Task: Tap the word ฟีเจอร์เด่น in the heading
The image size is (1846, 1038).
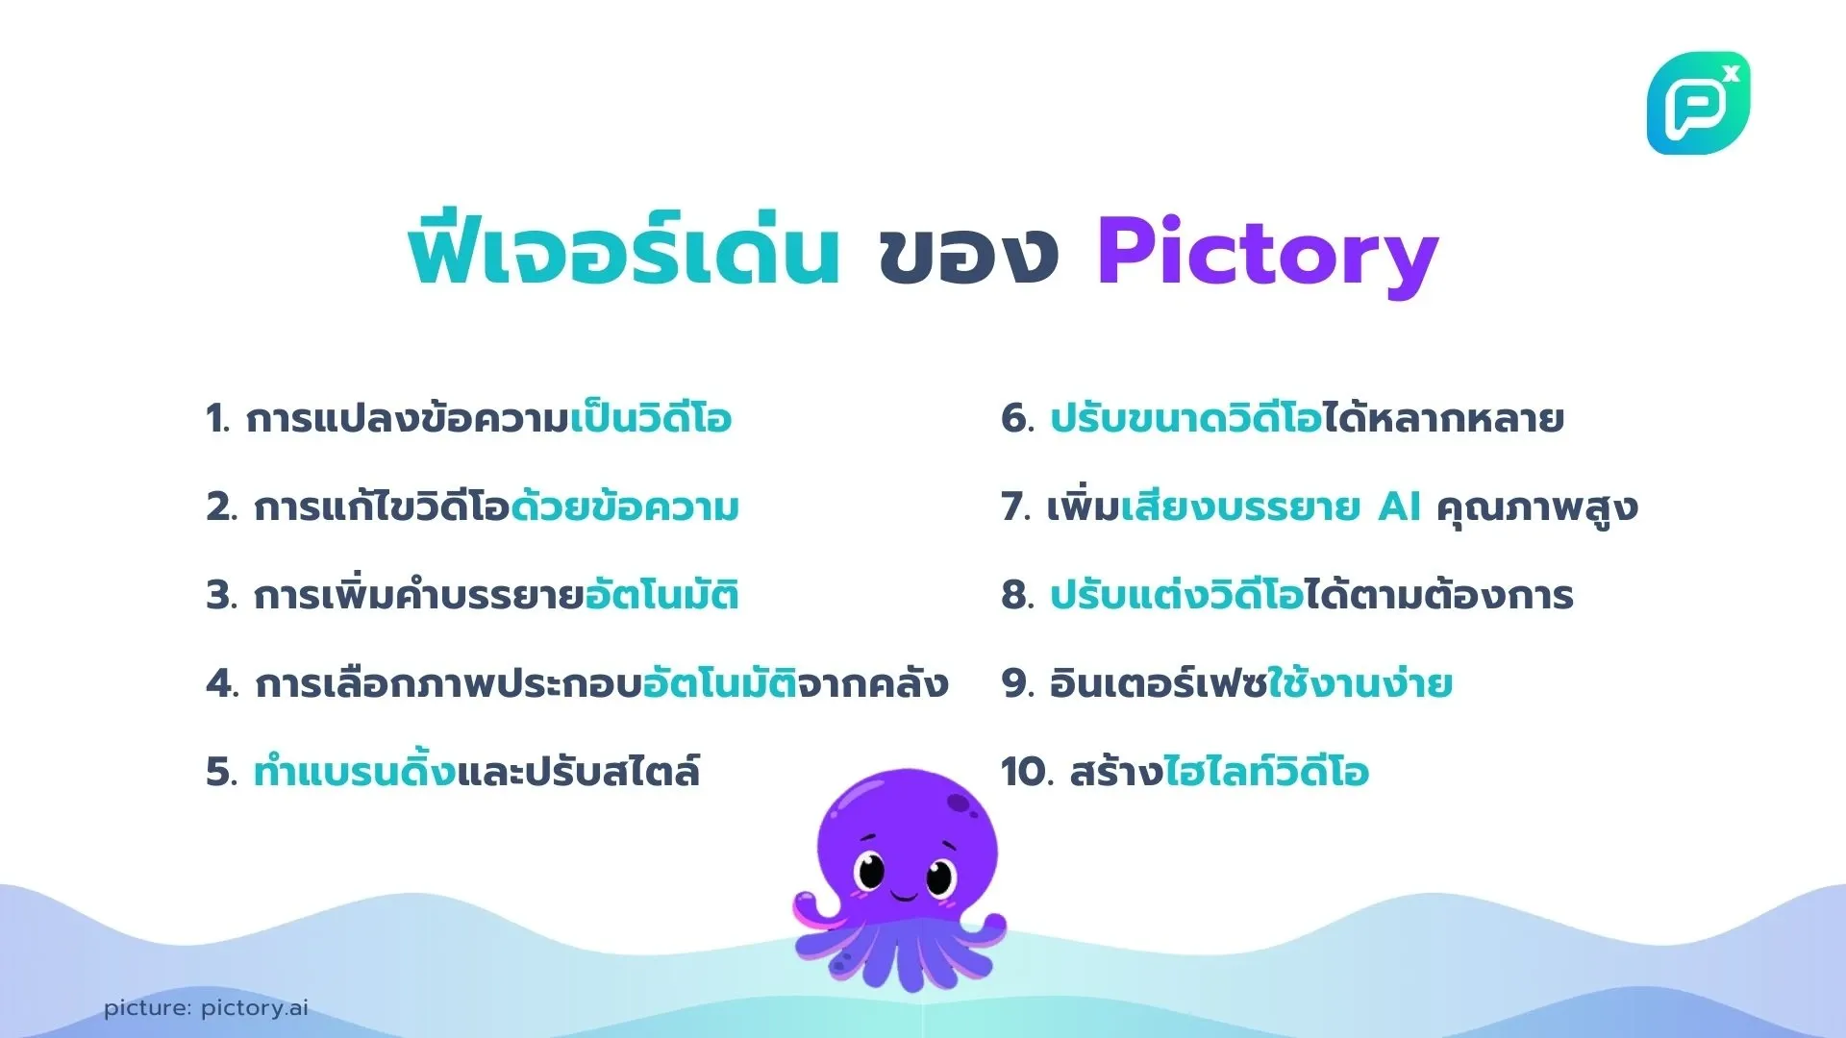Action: pyautogui.click(x=624, y=252)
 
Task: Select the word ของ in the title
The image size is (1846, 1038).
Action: pyautogui.click(x=967, y=254)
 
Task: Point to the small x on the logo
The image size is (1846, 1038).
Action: pyautogui.click(x=1732, y=73)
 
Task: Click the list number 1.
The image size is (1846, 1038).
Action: pyautogui.click(x=216, y=419)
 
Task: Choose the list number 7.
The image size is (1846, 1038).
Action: pyautogui.click(x=1015, y=507)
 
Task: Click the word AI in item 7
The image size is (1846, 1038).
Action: pyautogui.click(x=1399, y=507)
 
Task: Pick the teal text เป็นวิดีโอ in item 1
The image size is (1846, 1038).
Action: pyautogui.click(x=651, y=419)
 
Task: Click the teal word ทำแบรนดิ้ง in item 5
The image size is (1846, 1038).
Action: pyautogui.click(x=354, y=772)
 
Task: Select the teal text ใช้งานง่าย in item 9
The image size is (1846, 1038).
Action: pyautogui.click(x=1360, y=683)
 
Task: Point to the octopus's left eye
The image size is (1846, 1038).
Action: pyautogui.click(x=871, y=873)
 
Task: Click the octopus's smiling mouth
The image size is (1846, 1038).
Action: pyautogui.click(x=904, y=897)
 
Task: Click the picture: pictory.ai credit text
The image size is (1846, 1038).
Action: pyautogui.click(x=206, y=1008)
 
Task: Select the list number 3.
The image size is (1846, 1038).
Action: pyautogui.click(x=220, y=596)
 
